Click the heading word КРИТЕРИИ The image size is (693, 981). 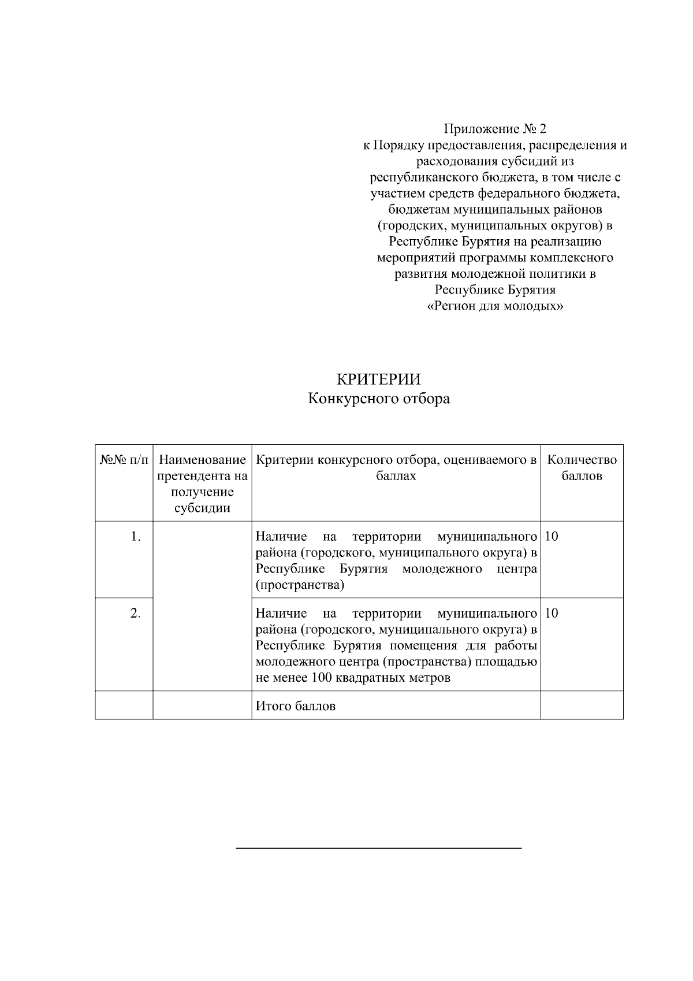(378, 379)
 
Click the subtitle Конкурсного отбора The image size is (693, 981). (378, 399)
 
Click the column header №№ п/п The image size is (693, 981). (124, 460)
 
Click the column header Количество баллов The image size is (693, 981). (582, 468)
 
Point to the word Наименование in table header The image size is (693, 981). (202, 460)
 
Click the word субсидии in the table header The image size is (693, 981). (202, 508)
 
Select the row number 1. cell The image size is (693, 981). (135, 537)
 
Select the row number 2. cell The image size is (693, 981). (135, 614)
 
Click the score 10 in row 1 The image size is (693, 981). (552, 537)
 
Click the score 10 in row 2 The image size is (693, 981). (552, 614)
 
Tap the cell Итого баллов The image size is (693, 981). (296, 706)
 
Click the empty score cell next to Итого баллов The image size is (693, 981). (582, 705)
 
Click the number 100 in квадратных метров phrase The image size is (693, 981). (322, 678)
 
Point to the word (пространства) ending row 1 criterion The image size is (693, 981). (300, 585)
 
